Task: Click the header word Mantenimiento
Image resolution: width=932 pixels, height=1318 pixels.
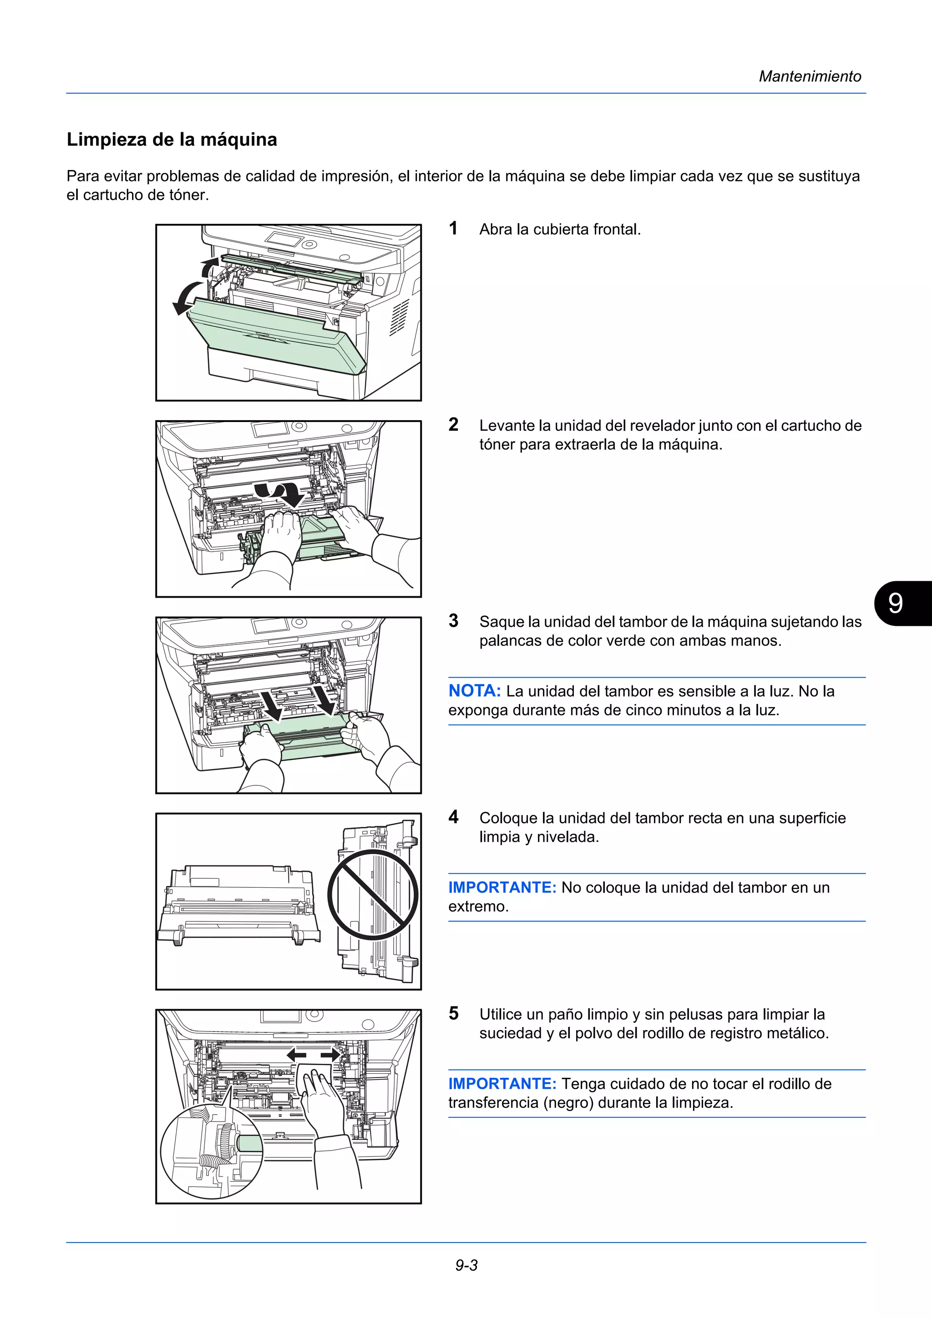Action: point(810,76)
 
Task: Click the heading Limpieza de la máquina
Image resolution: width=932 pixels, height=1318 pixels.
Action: point(172,140)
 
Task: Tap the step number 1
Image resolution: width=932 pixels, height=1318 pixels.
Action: point(453,228)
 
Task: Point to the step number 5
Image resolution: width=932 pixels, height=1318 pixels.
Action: point(453,1013)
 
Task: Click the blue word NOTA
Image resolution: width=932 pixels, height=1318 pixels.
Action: point(474,691)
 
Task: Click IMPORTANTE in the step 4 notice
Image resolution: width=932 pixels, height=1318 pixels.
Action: point(502,887)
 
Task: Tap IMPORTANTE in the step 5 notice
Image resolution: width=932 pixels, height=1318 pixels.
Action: point(502,1084)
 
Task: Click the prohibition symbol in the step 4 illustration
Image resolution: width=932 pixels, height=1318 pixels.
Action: point(373,895)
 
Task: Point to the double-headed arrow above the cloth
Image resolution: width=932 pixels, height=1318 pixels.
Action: point(314,1055)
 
